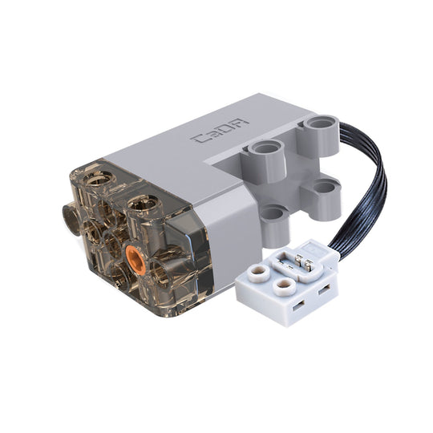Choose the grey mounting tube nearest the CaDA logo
click(x=264, y=149)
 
